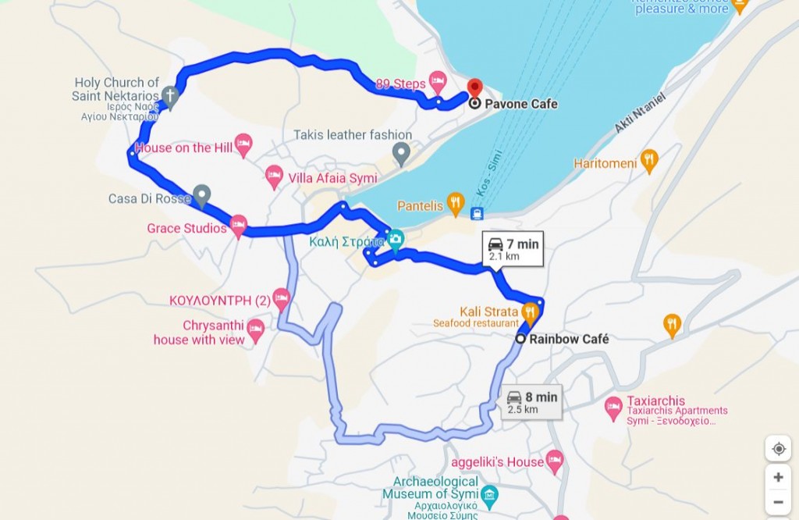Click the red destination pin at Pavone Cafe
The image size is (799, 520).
[x=474, y=87]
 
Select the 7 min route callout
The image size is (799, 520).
[x=513, y=248]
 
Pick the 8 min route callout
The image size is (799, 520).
[x=531, y=401]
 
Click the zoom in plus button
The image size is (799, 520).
[x=778, y=477]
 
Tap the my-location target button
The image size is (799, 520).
[x=778, y=449]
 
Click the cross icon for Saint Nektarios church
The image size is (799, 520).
[x=170, y=97]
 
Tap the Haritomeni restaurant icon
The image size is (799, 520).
[x=649, y=162]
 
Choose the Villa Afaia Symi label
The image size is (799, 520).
[x=332, y=178]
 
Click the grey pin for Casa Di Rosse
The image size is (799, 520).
[x=201, y=195]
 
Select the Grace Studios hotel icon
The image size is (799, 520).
[x=238, y=226]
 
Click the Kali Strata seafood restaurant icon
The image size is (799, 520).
[x=531, y=312]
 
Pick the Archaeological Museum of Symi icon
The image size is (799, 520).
[x=489, y=493]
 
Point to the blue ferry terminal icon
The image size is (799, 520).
[x=477, y=213]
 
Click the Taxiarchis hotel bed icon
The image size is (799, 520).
[x=614, y=406]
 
